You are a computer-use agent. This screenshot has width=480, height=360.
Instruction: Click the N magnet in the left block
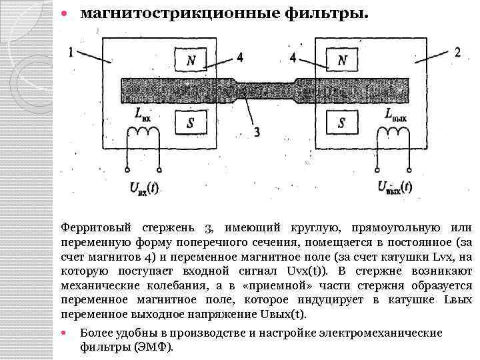[191, 60]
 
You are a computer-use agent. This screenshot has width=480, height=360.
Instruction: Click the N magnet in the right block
[342, 60]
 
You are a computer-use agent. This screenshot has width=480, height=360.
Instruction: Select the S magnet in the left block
[191, 122]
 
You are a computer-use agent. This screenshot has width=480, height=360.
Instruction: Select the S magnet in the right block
[342, 122]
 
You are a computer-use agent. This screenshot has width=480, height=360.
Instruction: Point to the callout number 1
[72, 52]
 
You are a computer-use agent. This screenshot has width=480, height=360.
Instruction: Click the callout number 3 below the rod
[257, 132]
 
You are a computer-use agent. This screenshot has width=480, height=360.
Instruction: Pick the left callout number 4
[239, 57]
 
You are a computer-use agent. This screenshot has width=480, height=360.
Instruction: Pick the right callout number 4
[293, 57]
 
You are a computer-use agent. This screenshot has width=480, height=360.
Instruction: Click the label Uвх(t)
[143, 188]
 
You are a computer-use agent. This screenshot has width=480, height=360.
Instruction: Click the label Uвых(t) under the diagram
[394, 188]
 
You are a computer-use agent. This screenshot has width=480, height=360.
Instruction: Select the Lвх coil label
[143, 115]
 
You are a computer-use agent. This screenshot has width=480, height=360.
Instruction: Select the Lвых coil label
[395, 115]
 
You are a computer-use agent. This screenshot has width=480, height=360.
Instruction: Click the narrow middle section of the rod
[267, 89]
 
